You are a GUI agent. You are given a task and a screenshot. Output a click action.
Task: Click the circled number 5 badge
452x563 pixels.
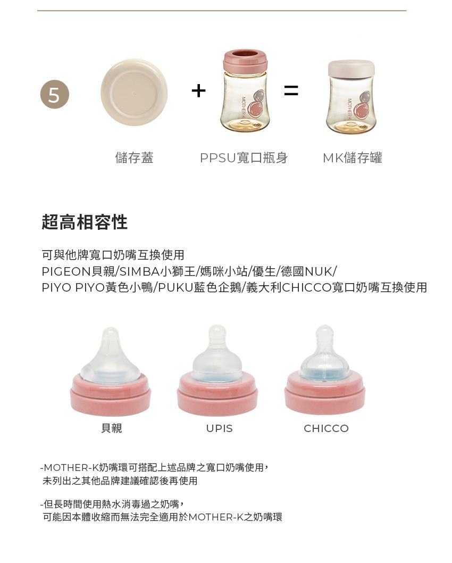(x=54, y=95)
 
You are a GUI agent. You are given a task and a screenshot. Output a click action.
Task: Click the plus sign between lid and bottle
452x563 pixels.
(x=198, y=91)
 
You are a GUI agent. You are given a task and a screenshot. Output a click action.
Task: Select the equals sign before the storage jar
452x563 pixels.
(x=291, y=91)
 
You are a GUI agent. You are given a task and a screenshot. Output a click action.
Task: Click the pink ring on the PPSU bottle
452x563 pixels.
(x=245, y=61)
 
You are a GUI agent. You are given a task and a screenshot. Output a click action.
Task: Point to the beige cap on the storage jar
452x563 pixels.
(x=351, y=68)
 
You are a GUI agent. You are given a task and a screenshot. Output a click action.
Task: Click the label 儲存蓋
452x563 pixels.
(x=134, y=158)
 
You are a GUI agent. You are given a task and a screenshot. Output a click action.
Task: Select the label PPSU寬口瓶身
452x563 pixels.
(x=244, y=158)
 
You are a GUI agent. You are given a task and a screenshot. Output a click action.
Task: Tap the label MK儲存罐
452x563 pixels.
(x=352, y=158)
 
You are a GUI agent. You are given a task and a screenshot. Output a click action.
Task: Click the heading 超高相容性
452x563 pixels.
(x=85, y=222)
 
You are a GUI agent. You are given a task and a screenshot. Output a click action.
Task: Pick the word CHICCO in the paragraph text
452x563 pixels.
(x=307, y=288)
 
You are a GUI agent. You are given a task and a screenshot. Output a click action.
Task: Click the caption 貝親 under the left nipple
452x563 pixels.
(x=112, y=428)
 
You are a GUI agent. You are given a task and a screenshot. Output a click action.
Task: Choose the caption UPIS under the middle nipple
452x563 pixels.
(x=220, y=428)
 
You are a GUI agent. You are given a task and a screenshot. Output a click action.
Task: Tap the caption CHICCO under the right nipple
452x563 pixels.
(x=326, y=428)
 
